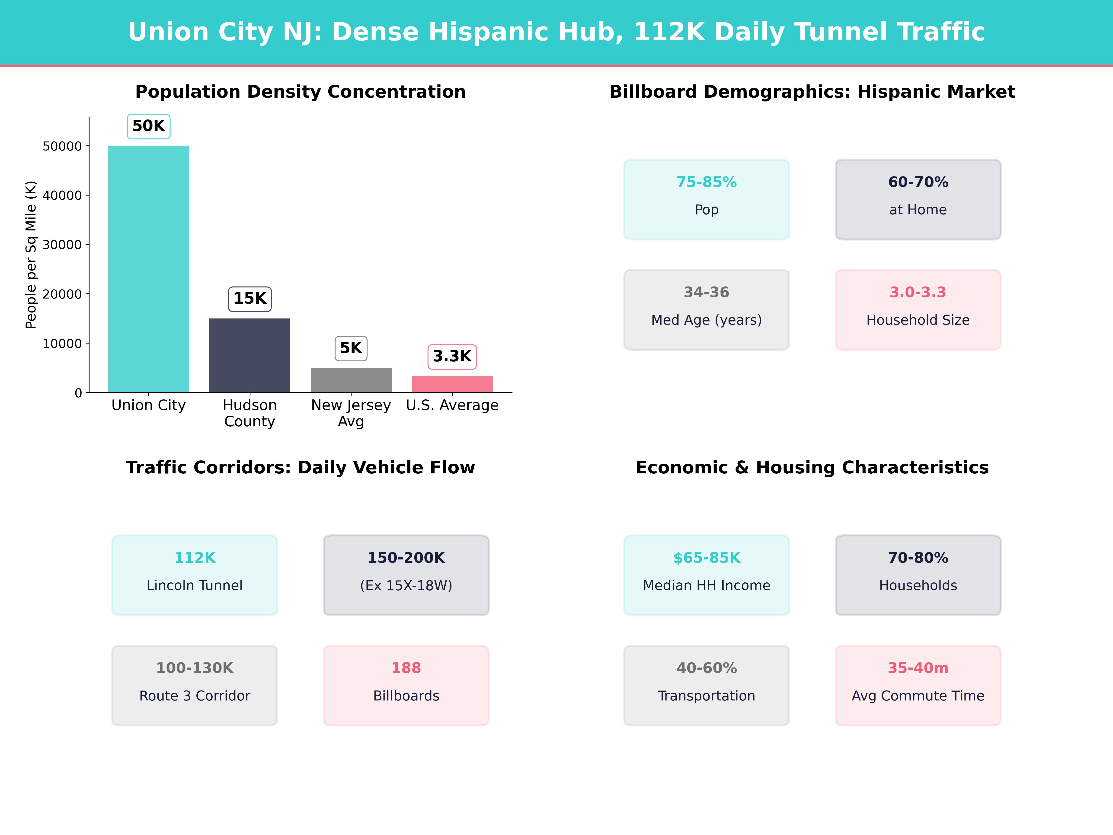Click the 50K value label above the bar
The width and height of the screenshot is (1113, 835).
click(148, 126)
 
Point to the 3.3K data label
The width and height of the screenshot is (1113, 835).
click(452, 356)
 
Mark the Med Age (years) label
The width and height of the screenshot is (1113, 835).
click(707, 320)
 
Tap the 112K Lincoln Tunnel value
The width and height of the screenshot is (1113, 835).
click(195, 558)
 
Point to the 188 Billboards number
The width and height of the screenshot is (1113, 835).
click(406, 668)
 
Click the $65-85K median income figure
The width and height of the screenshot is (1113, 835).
click(707, 558)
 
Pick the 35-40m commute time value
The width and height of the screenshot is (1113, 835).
click(918, 668)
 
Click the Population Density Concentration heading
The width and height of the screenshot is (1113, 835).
click(300, 92)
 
